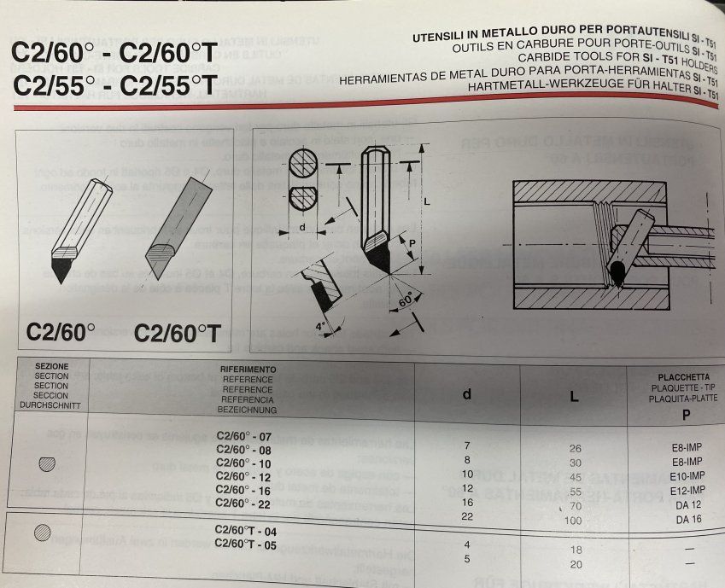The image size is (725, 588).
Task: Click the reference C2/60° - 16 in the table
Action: tap(243, 492)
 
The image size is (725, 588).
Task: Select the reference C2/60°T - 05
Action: tap(246, 544)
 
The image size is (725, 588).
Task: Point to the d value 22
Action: tap(467, 516)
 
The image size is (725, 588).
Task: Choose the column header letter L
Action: tap(575, 396)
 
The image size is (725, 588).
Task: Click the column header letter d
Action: tap(466, 393)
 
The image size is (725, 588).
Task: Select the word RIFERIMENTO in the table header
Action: tap(247, 370)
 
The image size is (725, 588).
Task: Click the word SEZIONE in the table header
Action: tap(52, 365)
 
